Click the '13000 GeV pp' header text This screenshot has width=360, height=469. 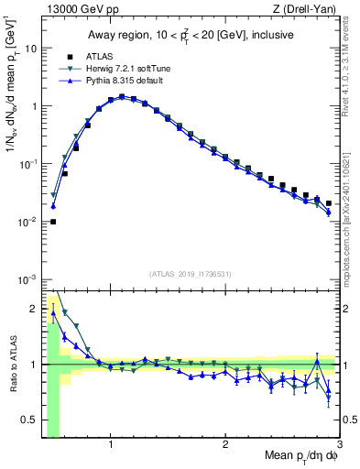click(78, 9)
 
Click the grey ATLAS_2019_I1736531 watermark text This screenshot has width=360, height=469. click(191, 273)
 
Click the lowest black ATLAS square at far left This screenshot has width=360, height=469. click(53, 222)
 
